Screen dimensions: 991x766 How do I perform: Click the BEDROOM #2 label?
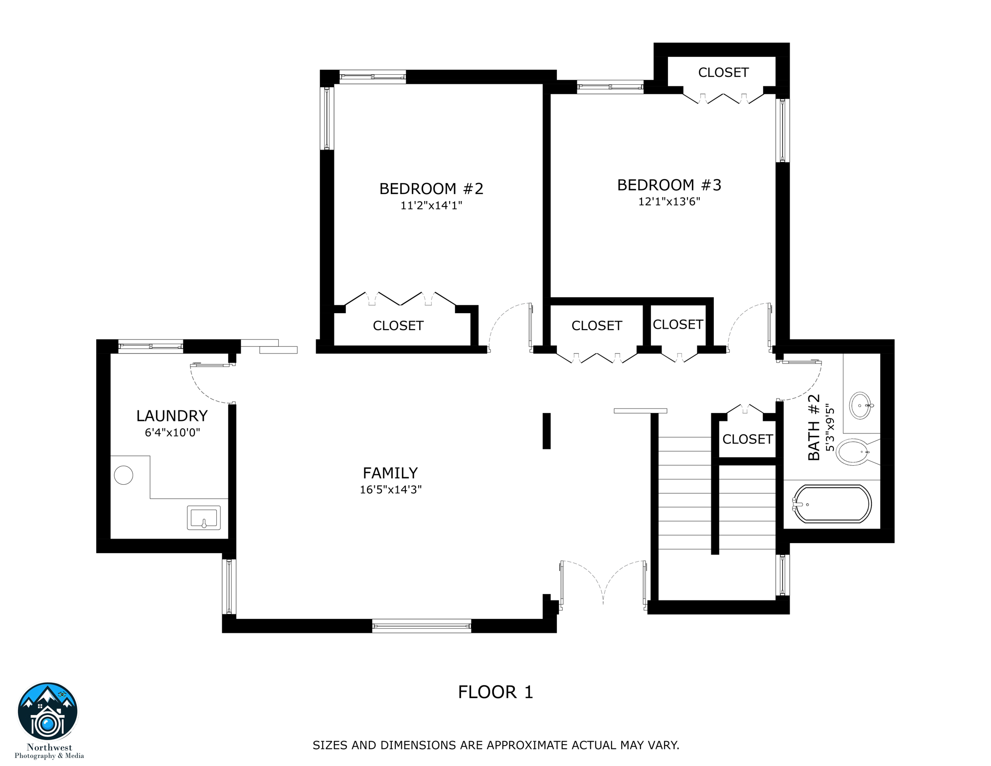coord(431,189)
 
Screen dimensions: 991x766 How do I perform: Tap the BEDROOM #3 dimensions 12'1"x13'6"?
coord(669,201)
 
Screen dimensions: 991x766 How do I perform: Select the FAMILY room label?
coord(390,473)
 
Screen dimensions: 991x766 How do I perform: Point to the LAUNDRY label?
coord(172,416)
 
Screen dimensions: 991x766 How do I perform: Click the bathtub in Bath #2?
coord(832,504)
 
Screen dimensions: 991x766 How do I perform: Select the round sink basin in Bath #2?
coord(861,405)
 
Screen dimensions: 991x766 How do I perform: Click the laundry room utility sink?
coord(204,518)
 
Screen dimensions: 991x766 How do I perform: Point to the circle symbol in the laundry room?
coord(124,475)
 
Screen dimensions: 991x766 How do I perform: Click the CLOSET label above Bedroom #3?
coord(723,73)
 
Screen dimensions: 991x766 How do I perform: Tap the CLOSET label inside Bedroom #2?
coord(398,326)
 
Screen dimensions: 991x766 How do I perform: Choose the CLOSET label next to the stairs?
coord(747,439)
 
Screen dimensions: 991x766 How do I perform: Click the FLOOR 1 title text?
coord(495,692)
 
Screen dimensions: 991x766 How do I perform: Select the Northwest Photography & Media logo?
coord(48,721)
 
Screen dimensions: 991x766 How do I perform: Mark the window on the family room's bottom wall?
coord(422,626)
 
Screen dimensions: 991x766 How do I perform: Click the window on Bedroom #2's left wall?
coord(327,118)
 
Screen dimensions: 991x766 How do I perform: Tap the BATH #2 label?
coord(814,427)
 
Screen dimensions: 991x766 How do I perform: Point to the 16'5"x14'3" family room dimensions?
coord(391,490)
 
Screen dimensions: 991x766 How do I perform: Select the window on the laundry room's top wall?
coord(151,346)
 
